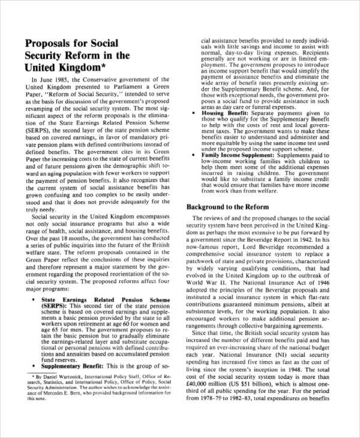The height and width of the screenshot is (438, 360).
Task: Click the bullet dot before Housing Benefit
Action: (x=193, y=113)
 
